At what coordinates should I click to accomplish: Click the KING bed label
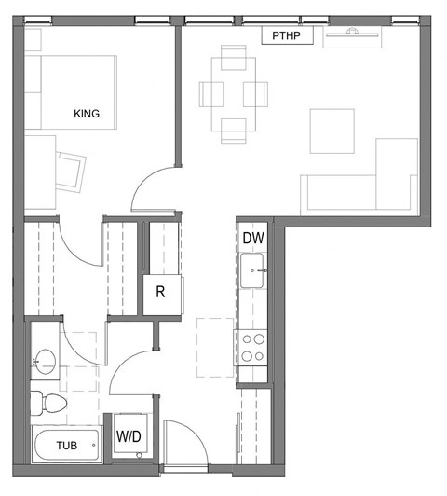[87, 115]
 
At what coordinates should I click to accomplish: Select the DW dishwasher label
[253, 239]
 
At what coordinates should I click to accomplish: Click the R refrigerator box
[160, 293]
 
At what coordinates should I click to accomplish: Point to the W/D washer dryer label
[129, 435]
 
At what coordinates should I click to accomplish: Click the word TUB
[66, 446]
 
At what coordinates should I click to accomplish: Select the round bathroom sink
[44, 361]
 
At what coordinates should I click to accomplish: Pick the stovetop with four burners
[252, 348]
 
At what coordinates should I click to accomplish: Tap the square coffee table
[332, 131]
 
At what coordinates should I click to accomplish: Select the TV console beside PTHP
[352, 36]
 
